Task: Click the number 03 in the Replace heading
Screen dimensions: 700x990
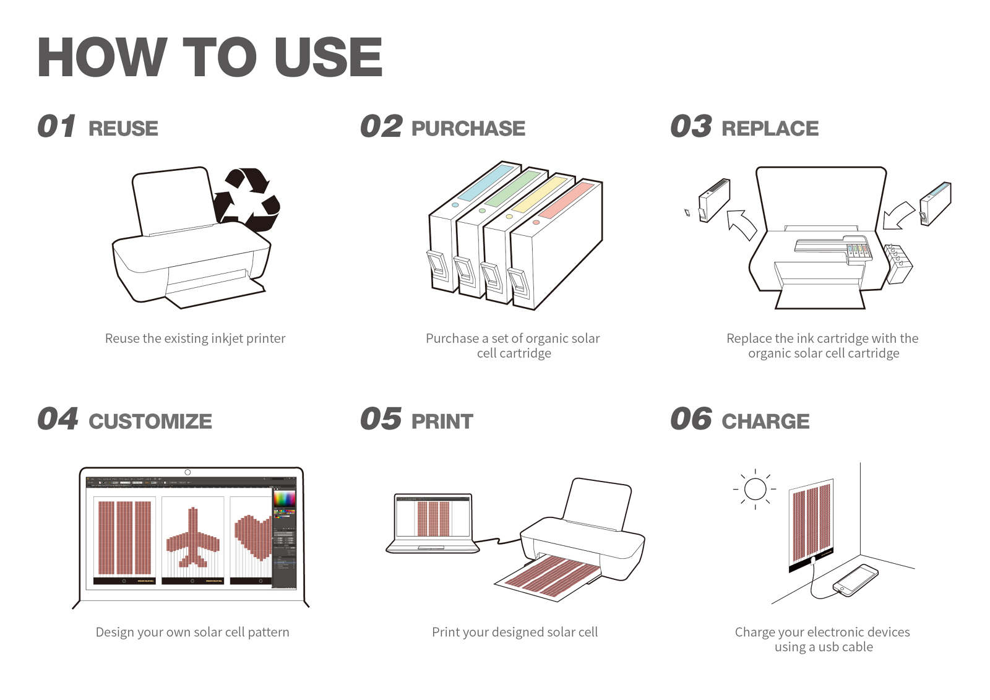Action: click(x=691, y=127)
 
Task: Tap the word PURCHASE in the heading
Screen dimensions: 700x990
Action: click(x=468, y=128)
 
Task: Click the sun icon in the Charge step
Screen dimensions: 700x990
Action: click(x=755, y=489)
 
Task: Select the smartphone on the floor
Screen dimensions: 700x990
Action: click(x=856, y=579)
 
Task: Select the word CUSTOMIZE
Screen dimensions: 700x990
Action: click(x=150, y=421)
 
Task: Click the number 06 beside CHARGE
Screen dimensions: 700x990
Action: click(x=691, y=419)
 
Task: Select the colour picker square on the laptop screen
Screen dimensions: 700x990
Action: click(x=285, y=498)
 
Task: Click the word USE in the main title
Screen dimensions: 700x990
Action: click(x=328, y=57)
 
